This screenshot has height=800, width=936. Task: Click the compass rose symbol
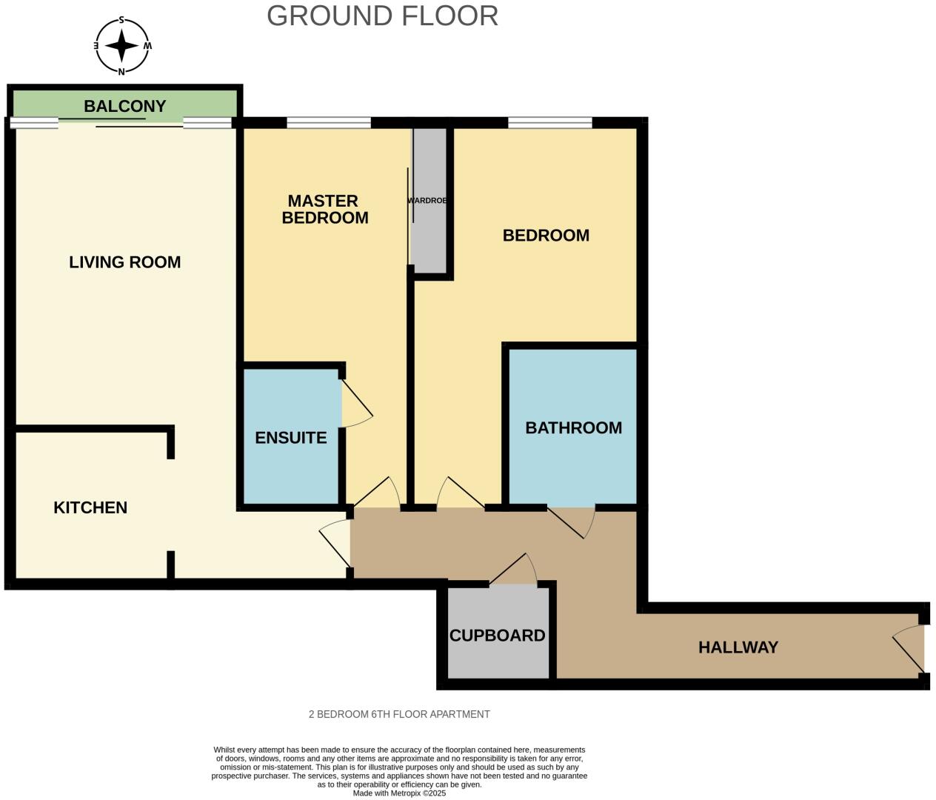[121, 46]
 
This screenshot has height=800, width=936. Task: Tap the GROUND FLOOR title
[383, 16]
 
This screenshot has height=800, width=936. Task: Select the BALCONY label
[125, 106]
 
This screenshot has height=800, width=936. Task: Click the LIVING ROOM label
[125, 262]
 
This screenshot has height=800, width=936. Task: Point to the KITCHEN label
[90, 508]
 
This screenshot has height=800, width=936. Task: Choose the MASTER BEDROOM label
[324, 210]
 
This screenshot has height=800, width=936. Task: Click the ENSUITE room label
[291, 438]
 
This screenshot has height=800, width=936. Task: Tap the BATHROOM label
[573, 428]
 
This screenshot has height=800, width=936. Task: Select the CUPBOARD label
[497, 636]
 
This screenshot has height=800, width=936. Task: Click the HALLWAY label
[738, 647]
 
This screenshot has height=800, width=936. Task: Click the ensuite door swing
[358, 404]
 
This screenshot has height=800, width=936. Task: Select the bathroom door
[572, 523]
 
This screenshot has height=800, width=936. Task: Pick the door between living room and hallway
[335, 543]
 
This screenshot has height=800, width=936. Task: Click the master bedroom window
[329, 123]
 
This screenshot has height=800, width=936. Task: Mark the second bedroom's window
[549, 123]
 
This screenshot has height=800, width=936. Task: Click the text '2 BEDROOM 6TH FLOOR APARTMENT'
[399, 714]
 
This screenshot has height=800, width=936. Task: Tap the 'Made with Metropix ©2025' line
[399, 793]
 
